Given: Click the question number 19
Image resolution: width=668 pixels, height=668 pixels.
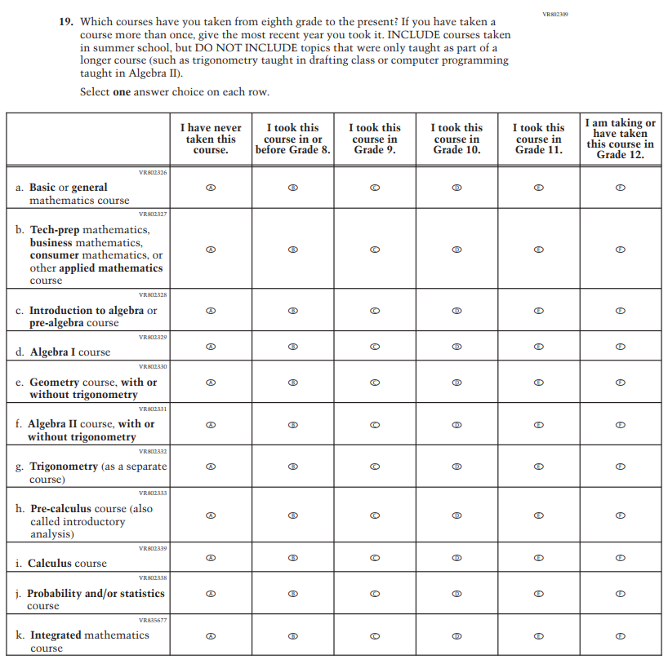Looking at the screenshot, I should click(x=65, y=22).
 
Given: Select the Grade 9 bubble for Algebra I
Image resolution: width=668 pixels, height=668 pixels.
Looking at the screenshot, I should click(x=375, y=347).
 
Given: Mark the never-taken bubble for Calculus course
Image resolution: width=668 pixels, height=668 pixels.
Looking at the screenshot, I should click(x=211, y=558).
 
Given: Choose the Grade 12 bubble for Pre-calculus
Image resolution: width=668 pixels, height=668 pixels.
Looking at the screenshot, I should click(x=621, y=515).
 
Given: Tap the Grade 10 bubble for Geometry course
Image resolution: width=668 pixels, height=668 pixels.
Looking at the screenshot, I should click(x=456, y=382).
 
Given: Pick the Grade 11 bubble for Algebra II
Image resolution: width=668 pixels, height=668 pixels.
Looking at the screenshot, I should click(x=539, y=424).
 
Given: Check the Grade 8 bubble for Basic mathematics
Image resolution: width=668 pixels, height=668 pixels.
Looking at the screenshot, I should click(x=293, y=188).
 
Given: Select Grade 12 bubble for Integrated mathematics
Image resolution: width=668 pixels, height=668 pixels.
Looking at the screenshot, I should click(x=621, y=636).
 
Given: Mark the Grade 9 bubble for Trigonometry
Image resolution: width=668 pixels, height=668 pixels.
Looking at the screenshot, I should click(x=375, y=467).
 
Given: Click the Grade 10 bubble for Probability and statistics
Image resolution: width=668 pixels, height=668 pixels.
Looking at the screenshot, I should click(x=456, y=594).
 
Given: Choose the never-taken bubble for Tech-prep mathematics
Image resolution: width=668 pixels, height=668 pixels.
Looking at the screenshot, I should click(x=211, y=250).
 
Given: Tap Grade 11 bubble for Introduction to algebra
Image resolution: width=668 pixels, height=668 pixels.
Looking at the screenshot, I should click(x=539, y=311).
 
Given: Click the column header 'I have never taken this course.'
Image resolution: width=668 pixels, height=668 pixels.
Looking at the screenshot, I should click(x=211, y=139).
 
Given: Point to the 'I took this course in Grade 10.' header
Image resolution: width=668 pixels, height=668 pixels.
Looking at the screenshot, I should click(x=456, y=139).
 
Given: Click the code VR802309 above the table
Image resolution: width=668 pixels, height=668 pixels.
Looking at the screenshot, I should click(x=554, y=14).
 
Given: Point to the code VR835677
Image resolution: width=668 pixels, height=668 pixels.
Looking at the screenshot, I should click(x=153, y=620).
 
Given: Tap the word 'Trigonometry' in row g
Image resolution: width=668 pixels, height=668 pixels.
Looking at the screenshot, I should click(x=64, y=467).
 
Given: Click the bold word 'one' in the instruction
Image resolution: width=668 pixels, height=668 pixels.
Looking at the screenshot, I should click(x=122, y=92).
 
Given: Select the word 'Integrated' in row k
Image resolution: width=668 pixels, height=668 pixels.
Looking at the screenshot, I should click(x=56, y=635).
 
